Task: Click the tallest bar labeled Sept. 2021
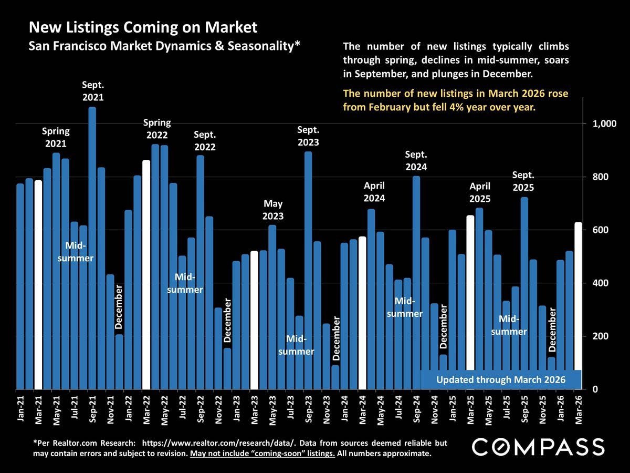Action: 92,247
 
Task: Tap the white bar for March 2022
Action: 146,273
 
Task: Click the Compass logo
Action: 538,447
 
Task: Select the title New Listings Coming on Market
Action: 143,27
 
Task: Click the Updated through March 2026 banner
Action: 501,379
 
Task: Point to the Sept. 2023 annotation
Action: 308,136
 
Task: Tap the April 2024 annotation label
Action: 374,192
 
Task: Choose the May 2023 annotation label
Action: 273,210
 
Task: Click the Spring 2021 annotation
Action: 56,137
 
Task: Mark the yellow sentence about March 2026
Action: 455,100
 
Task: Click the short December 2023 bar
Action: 335,377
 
